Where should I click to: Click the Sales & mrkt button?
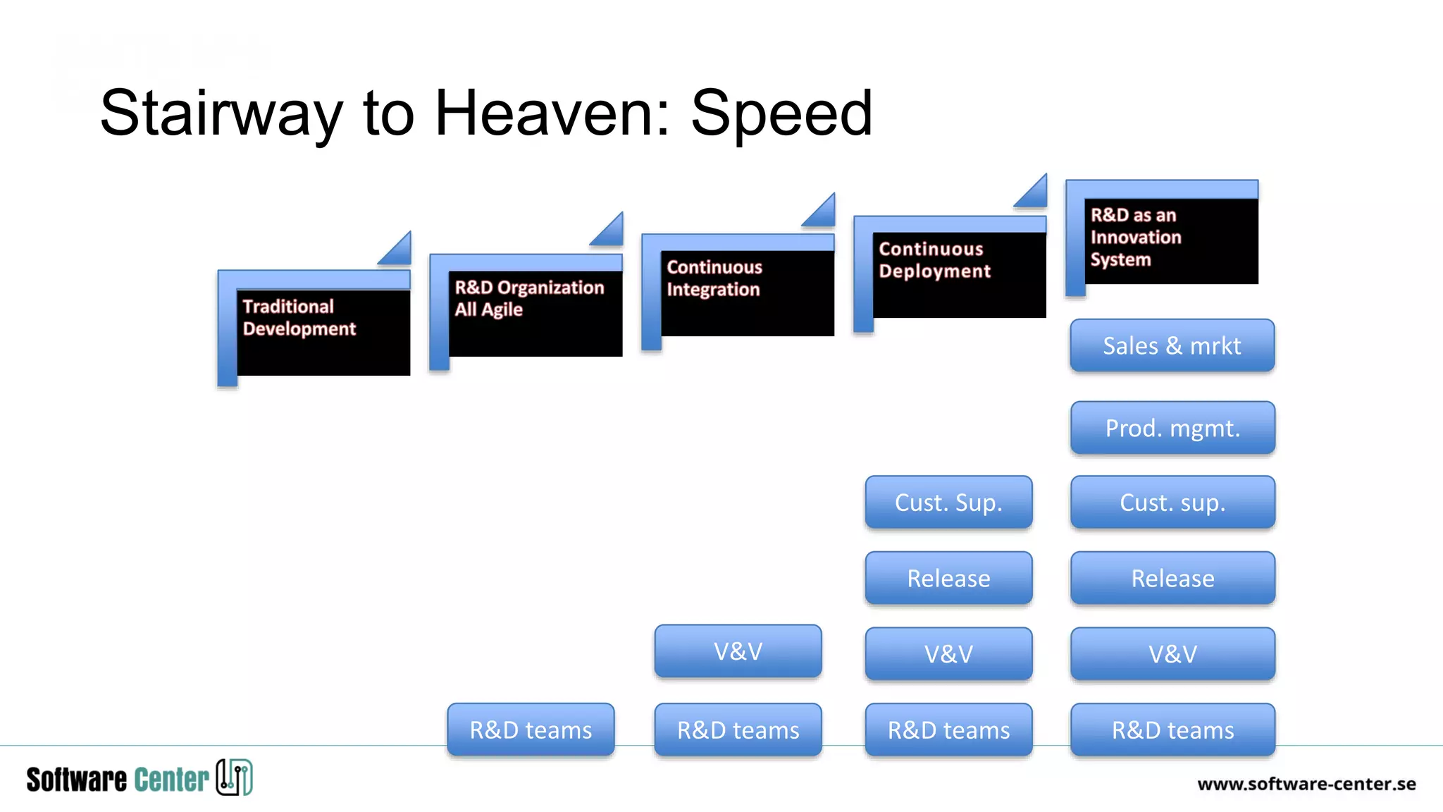click(x=1172, y=345)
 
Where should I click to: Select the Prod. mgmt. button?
click(x=1172, y=428)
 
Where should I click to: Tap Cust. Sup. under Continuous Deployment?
click(x=948, y=503)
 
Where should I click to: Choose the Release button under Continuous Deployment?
click(x=948, y=578)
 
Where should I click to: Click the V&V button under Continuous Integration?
click(x=738, y=651)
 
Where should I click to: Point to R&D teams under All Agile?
click(x=531, y=730)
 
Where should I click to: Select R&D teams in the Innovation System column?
click(x=1172, y=730)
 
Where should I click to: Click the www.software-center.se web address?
click(x=1306, y=784)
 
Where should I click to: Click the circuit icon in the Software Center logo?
click(x=234, y=777)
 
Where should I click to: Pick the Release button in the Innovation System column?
click(x=1172, y=578)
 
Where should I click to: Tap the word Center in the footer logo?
click(x=171, y=780)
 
